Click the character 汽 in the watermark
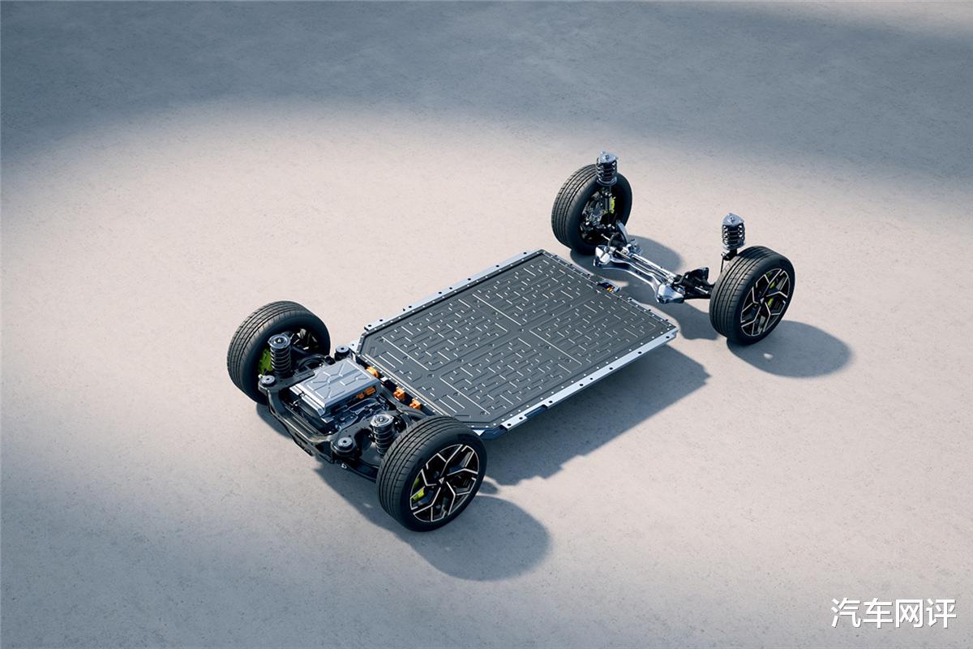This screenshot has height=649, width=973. coord(847,612)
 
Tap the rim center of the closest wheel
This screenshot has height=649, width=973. coord(444,484)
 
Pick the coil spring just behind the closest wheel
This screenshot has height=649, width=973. coord(382,432)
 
